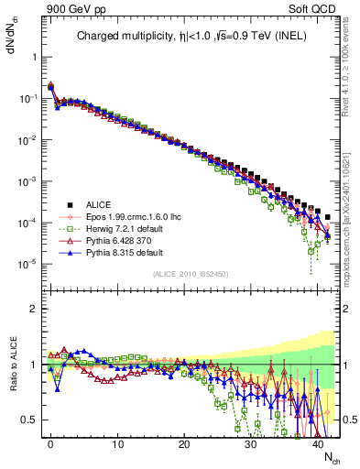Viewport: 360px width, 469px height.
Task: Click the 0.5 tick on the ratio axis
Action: click(30, 420)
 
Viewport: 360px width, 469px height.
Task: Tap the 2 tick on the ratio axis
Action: click(34, 309)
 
